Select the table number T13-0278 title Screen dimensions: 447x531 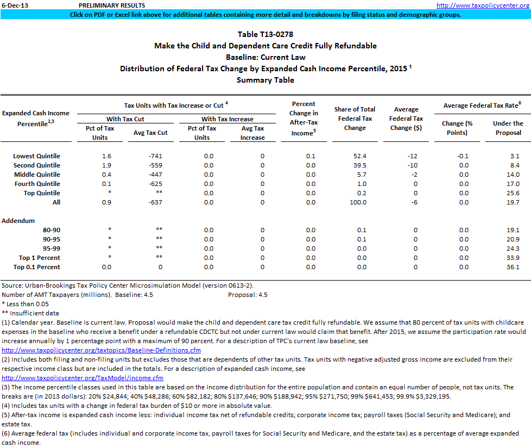(x=265, y=34)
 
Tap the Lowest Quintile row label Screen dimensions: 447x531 (x=37, y=156)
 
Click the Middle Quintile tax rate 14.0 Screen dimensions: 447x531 (x=513, y=175)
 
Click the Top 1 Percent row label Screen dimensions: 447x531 (x=40, y=258)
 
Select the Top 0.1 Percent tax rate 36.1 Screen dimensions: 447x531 (x=513, y=267)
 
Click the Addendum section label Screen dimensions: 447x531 (x=18, y=221)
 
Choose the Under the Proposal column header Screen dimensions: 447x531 (x=508, y=128)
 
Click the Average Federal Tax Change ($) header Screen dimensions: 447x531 (x=406, y=119)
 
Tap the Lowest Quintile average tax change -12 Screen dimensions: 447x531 (x=412, y=156)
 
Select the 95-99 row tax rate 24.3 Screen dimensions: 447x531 (x=513, y=249)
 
